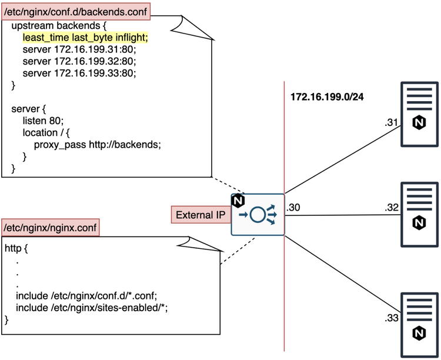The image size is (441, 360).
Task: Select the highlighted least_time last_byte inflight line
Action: tap(85, 38)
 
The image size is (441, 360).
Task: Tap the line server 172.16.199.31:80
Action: tap(79, 49)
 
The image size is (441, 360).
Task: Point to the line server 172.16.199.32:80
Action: tap(79, 61)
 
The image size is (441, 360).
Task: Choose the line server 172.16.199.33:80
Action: tap(79, 73)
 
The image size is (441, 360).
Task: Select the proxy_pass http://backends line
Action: tap(97, 144)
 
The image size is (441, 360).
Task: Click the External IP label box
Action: tap(200, 215)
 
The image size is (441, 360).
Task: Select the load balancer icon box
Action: tap(258, 215)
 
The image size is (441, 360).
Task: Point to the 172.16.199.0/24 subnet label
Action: tap(326, 97)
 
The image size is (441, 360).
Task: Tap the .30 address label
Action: tap(293, 207)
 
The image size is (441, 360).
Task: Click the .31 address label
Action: tap(392, 122)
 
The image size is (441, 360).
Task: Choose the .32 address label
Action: tap(392, 207)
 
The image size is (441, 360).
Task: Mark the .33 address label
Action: tap(392, 318)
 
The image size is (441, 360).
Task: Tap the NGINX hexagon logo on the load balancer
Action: tap(238, 201)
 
